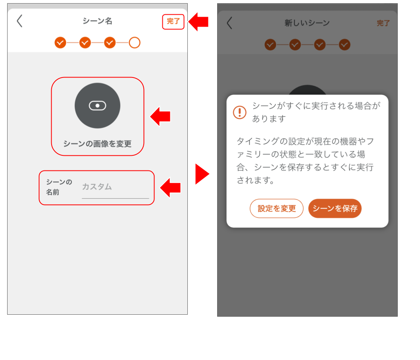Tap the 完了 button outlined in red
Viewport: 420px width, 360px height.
click(173, 21)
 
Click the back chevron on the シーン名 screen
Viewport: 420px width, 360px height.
click(19, 21)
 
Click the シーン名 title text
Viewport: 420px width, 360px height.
click(97, 21)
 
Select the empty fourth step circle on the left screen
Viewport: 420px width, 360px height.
click(135, 43)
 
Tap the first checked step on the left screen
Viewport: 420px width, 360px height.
click(60, 43)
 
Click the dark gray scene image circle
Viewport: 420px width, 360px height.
click(97, 106)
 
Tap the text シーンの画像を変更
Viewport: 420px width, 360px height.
click(97, 144)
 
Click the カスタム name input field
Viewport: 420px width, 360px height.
click(115, 187)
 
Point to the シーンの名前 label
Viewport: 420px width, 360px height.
click(59, 187)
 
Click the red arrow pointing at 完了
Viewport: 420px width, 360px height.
click(198, 21)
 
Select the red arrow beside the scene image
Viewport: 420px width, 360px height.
click(160, 116)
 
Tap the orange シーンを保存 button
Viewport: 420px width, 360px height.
click(335, 208)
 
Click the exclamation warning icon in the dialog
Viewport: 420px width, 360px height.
click(240, 112)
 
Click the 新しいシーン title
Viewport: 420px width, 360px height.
click(307, 23)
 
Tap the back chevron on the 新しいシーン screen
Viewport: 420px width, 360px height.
click(229, 23)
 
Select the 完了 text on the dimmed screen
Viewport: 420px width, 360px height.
click(383, 23)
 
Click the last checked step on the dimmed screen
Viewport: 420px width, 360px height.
click(344, 45)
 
